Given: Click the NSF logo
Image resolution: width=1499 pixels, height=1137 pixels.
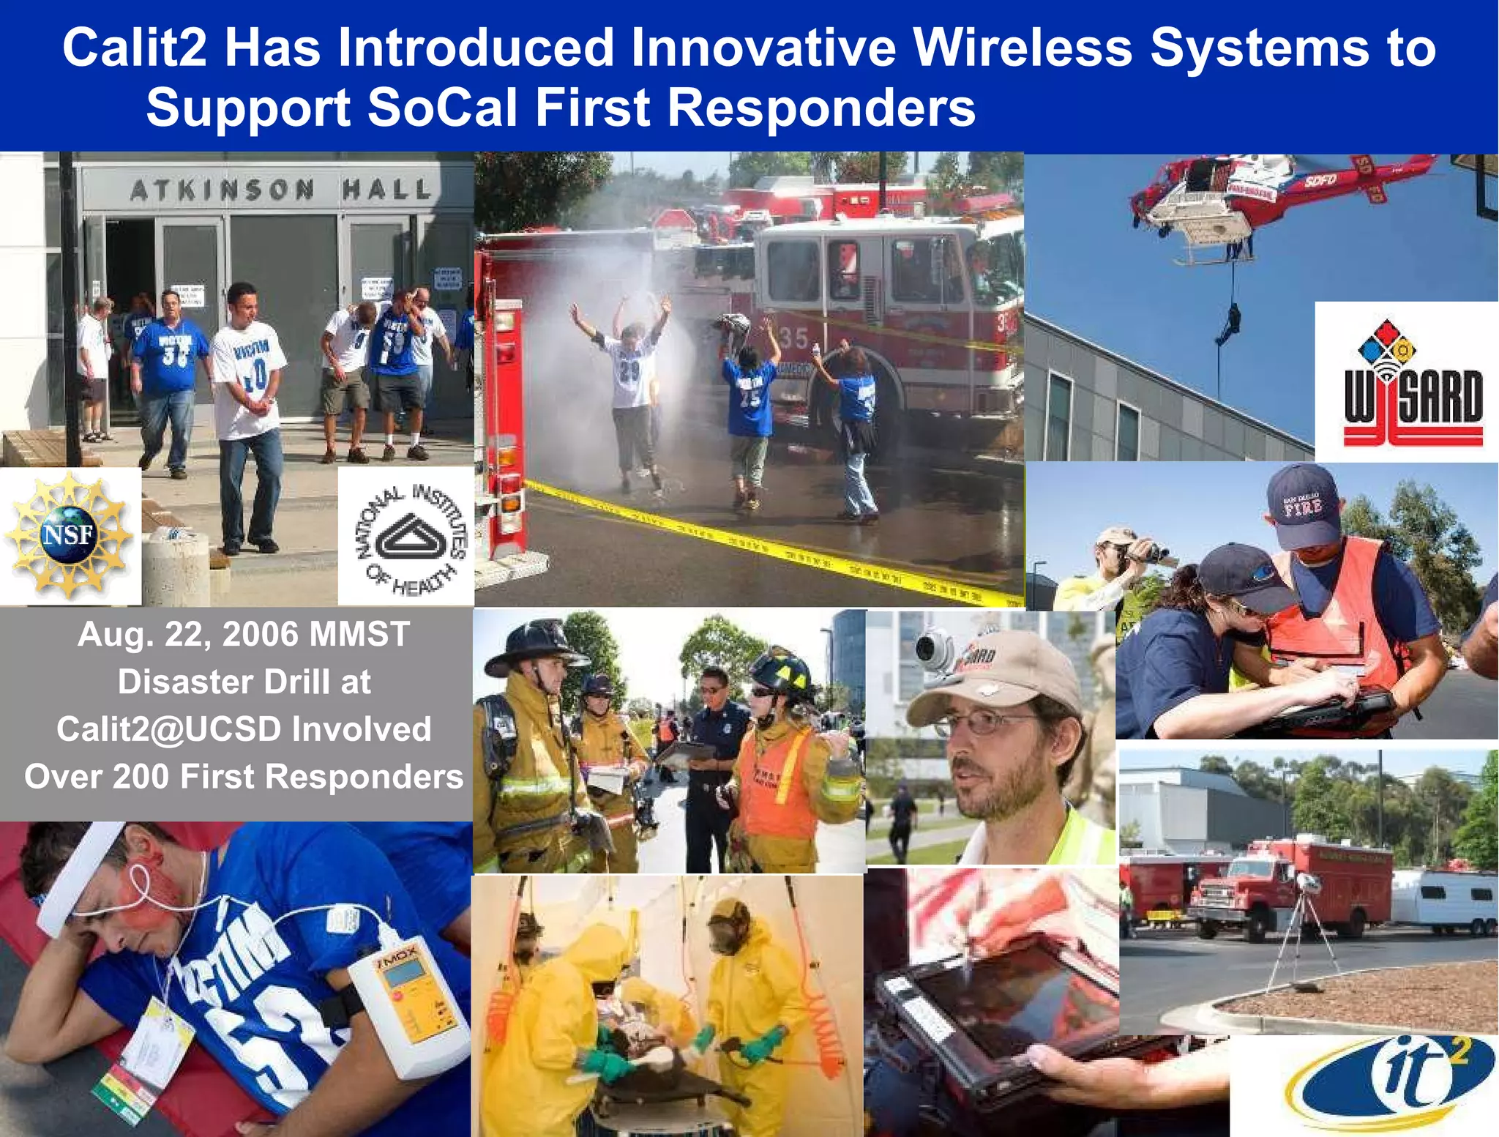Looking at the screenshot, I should click(x=69, y=535).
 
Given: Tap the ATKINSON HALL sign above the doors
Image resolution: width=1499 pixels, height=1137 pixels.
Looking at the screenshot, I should click(x=280, y=190).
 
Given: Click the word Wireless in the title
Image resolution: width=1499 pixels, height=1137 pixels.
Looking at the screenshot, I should click(x=1022, y=48).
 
